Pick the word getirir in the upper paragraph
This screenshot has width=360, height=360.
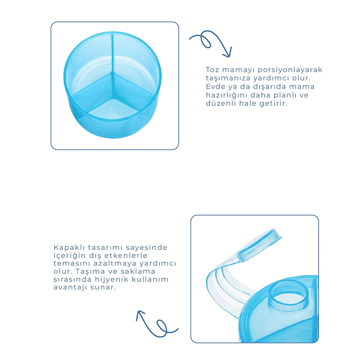pyautogui.click(x=274, y=104)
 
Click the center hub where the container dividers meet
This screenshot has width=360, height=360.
pyautogui.click(x=112, y=73)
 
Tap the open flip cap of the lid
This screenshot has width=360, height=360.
pyautogui.click(x=259, y=245)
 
